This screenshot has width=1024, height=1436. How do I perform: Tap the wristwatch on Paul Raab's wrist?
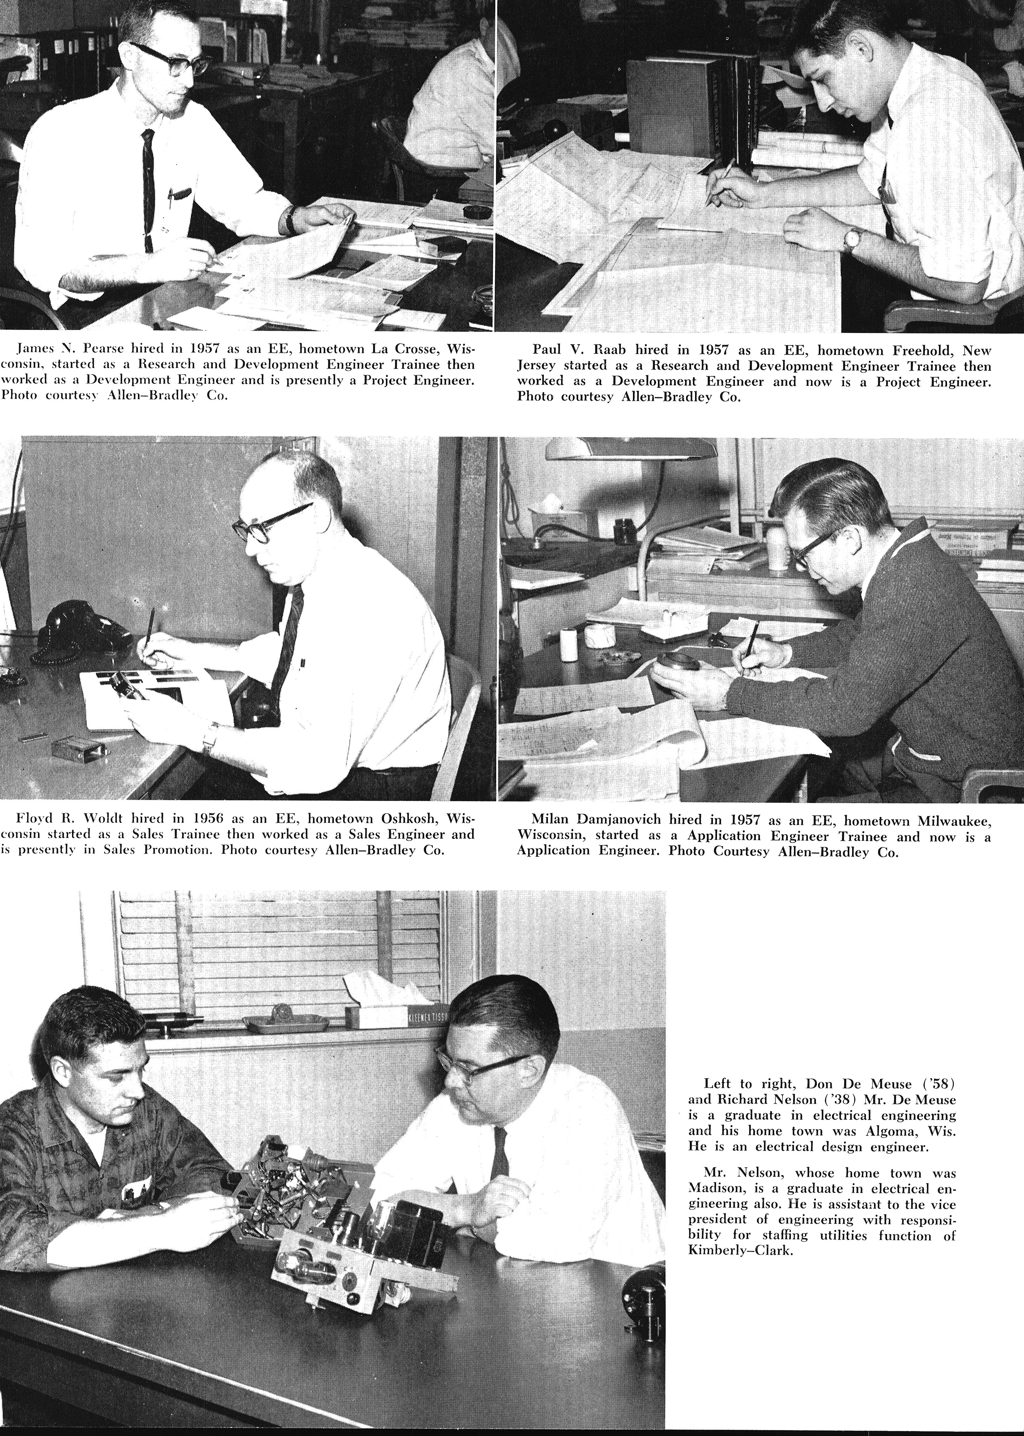pyautogui.click(x=852, y=238)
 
